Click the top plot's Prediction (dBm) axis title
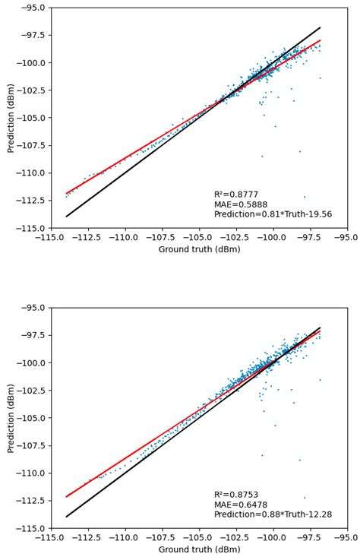11,118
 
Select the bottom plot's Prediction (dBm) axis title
11,418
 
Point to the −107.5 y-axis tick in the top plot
31,145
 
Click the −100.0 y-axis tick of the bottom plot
31,363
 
